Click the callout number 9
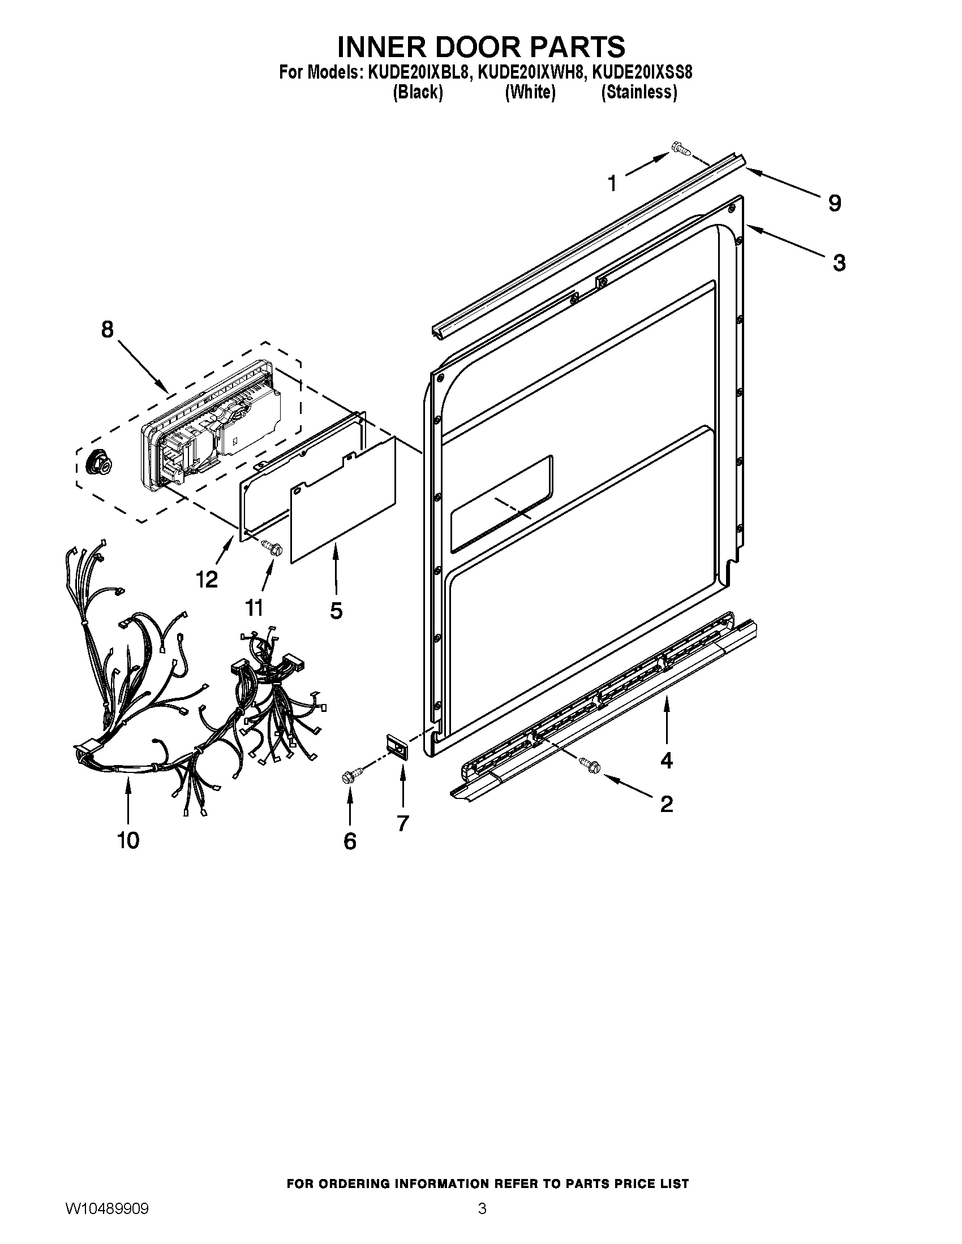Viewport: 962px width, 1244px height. (x=834, y=204)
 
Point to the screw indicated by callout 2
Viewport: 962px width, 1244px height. (x=590, y=766)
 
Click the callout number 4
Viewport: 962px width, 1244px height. (x=665, y=760)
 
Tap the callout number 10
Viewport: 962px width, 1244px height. (x=128, y=840)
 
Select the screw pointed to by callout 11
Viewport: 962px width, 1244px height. (x=273, y=548)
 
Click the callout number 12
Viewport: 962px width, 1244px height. (x=207, y=580)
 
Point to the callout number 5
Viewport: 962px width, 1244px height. (x=336, y=611)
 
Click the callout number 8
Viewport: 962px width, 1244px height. (x=107, y=330)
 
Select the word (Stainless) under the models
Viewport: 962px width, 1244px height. (x=639, y=92)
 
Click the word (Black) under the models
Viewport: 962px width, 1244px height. (x=418, y=92)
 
